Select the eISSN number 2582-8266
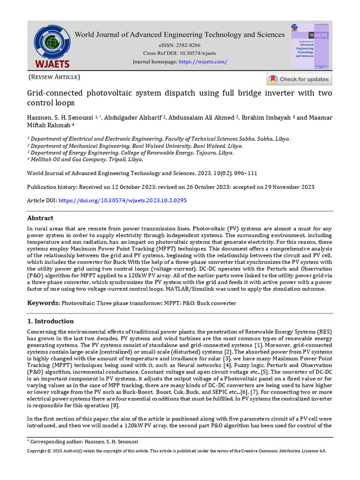coord(188,45)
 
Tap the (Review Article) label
coord(54,77)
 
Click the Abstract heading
coord(40,218)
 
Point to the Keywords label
coord(43,303)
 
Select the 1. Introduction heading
coord(50,321)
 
